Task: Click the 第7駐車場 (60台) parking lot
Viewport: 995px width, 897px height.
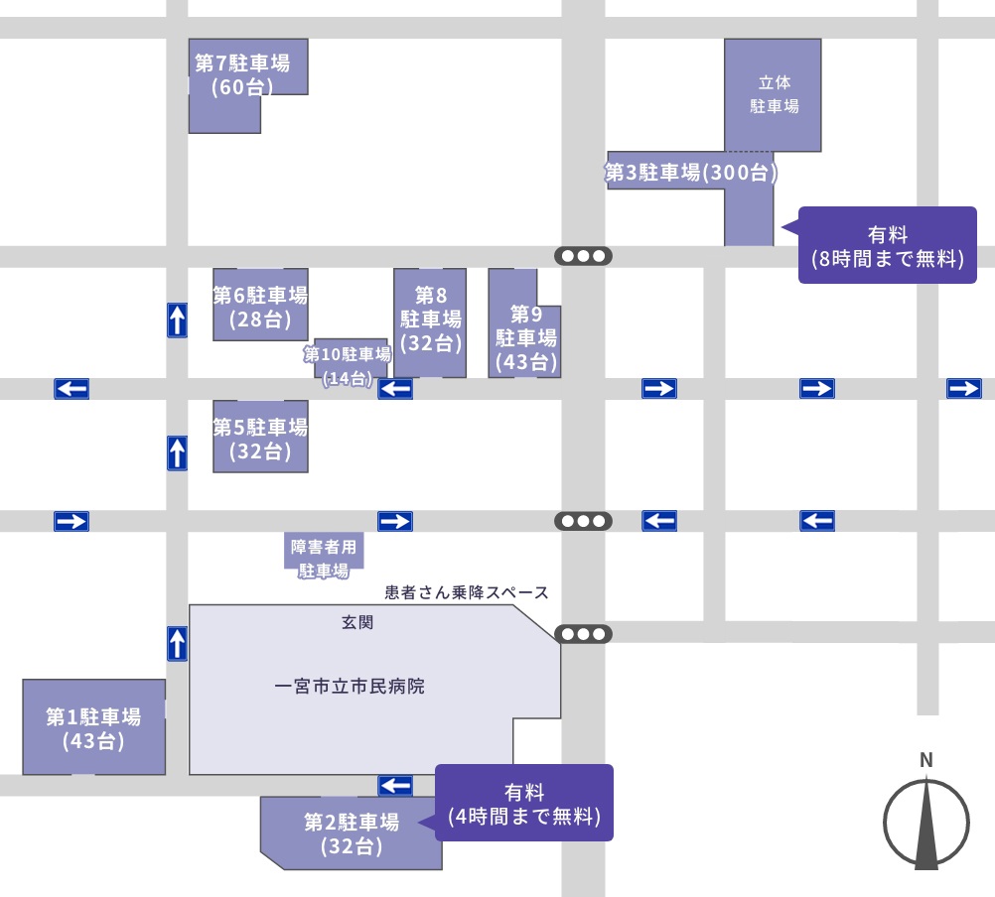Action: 243,75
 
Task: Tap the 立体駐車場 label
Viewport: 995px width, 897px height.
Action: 774,94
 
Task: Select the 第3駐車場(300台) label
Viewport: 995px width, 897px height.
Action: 691,173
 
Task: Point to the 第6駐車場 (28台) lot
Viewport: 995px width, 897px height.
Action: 260,307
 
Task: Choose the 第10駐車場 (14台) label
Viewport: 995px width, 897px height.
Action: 348,364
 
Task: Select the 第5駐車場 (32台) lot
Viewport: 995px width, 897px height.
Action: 260,439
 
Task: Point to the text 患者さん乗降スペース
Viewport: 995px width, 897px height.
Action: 467,593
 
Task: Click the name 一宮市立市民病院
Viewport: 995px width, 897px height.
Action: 349,687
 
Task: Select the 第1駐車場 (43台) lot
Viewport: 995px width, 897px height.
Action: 93,727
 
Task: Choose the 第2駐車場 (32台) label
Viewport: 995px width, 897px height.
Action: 352,833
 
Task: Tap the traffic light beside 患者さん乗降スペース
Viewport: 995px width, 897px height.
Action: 584,634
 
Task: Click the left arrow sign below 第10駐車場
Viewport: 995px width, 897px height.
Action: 395,388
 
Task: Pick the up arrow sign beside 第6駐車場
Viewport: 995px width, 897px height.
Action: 177,320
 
